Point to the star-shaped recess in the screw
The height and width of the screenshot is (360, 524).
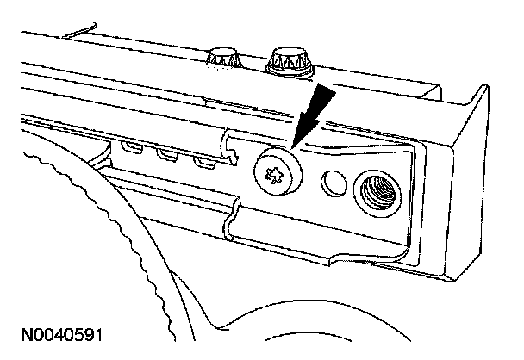[276, 174]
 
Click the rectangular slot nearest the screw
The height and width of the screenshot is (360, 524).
[204, 162]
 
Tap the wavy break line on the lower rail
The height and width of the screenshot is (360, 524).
[230, 220]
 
